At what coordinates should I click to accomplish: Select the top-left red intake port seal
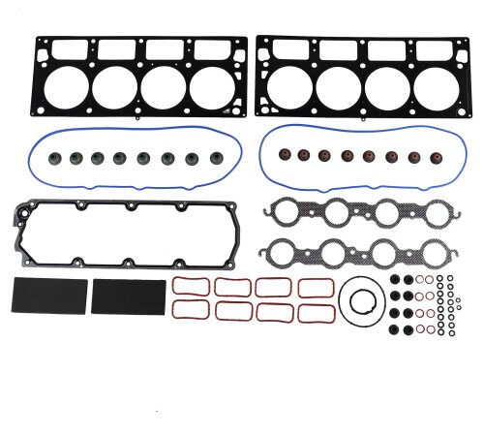(187, 287)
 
